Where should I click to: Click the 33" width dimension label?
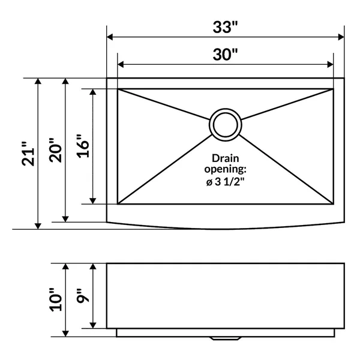click(225, 28)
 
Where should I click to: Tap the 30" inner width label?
click(225, 55)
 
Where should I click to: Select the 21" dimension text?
click(28, 154)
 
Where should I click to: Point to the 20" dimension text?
click(56, 151)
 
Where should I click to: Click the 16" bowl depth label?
click(83, 146)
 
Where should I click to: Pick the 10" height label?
click(56, 299)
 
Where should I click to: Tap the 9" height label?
click(83, 296)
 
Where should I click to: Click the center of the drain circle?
click(225, 125)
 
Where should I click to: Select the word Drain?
click(225, 158)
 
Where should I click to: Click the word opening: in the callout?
click(225, 170)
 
